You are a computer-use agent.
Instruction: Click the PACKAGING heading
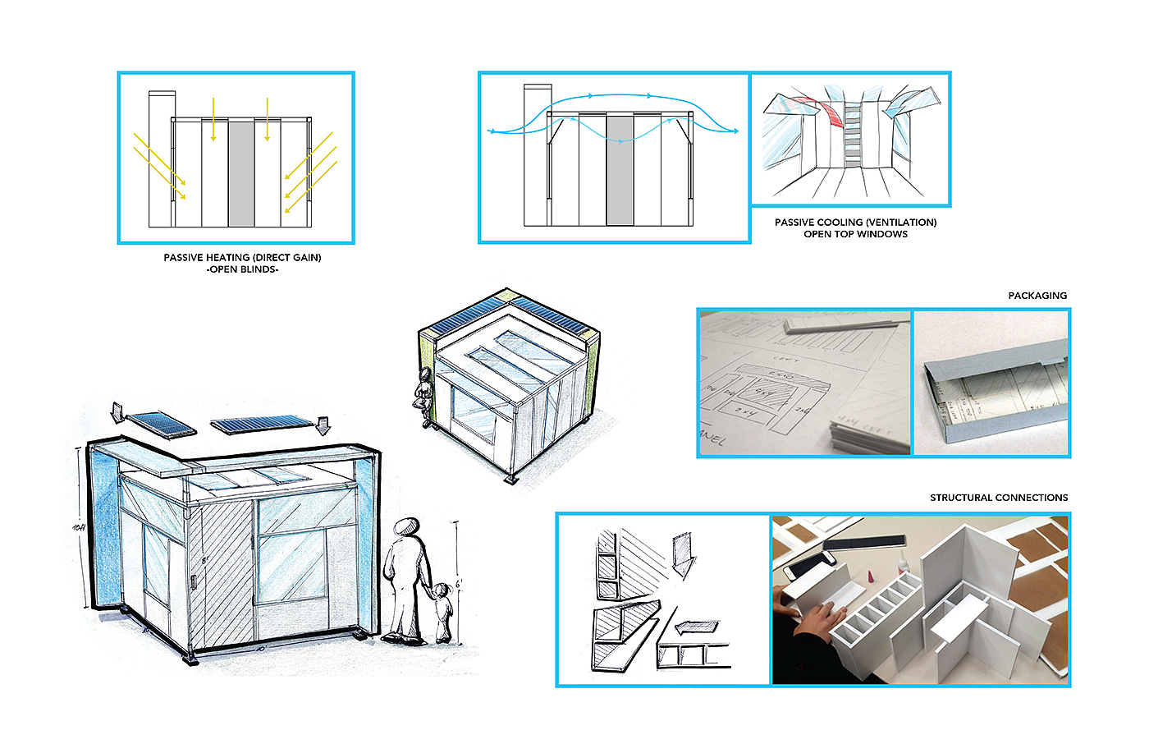click(x=1037, y=296)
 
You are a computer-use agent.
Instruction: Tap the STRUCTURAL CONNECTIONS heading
click(x=999, y=498)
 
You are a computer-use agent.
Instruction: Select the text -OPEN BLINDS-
click(x=242, y=269)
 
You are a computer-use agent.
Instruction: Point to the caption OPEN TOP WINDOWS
click(x=855, y=234)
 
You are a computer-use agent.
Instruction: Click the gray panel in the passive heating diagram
click(x=240, y=173)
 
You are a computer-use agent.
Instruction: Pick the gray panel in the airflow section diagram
click(x=620, y=170)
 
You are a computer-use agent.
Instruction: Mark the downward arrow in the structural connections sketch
click(x=682, y=555)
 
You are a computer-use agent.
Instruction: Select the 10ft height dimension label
click(x=79, y=526)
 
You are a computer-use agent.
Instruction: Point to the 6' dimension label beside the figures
click(x=459, y=584)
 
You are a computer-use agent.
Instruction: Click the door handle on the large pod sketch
click(x=193, y=582)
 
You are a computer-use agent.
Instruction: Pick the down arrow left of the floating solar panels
click(x=117, y=411)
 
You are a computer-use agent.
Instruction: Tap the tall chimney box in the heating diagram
click(x=161, y=156)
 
